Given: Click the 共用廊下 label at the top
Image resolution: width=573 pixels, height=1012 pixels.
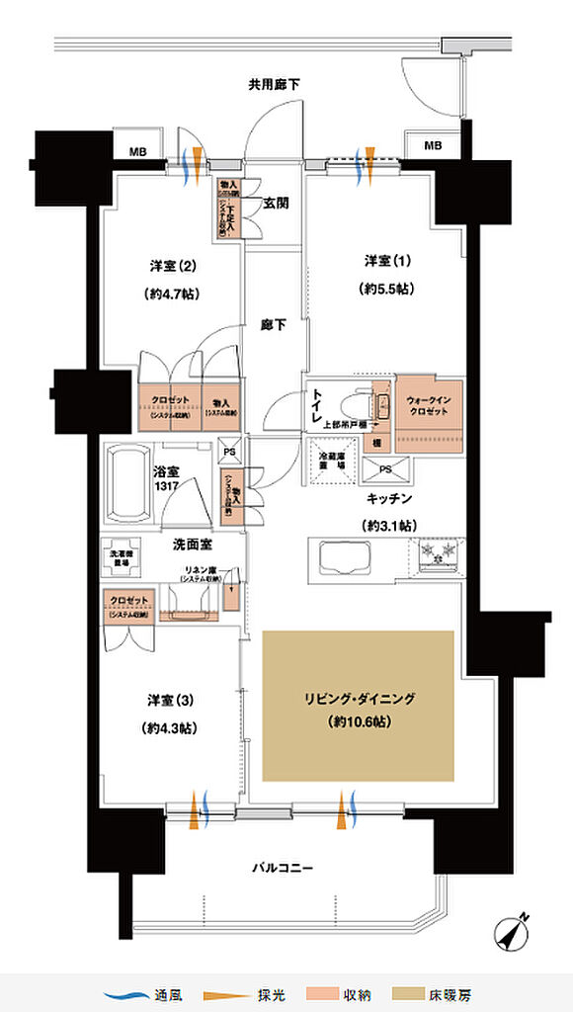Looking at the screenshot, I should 274,86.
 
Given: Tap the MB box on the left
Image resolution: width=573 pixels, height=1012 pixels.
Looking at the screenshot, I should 138,151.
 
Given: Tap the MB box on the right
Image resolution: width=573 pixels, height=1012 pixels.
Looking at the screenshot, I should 433,146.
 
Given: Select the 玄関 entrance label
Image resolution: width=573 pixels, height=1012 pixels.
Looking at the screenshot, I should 276,204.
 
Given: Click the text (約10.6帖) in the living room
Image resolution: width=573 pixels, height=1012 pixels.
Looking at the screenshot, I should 357,722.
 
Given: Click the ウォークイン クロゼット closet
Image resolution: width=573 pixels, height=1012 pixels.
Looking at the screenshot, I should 428,412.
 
